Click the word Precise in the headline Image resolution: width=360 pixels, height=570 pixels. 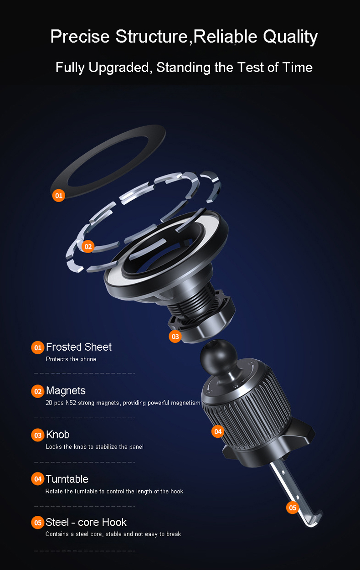click(x=80, y=36)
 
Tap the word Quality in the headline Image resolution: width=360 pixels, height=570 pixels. click(x=290, y=37)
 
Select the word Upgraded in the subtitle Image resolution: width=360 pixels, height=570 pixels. click(x=118, y=67)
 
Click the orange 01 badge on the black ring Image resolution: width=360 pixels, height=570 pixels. click(x=58, y=196)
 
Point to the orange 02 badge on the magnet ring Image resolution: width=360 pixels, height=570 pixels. click(x=88, y=246)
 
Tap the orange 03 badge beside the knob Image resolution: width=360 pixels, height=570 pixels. click(x=175, y=337)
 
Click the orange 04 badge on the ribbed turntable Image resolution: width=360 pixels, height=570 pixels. click(x=218, y=431)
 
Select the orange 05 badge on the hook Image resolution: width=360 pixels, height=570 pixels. click(x=293, y=508)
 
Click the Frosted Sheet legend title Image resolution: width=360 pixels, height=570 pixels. click(x=79, y=347)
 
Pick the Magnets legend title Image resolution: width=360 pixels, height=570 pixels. click(x=66, y=391)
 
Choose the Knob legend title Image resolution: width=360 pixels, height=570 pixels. click(x=58, y=435)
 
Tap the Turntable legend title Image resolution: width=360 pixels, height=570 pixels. click(x=67, y=479)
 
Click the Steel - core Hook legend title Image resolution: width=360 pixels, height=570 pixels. click(x=86, y=523)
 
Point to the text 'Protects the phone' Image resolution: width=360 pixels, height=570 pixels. click(x=71, y=359)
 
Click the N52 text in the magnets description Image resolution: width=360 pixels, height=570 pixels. click(x=71, y=403)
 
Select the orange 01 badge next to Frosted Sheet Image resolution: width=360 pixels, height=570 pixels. click(x=38, y=347)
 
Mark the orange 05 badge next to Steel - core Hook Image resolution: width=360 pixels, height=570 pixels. click(x=38, y=523)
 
